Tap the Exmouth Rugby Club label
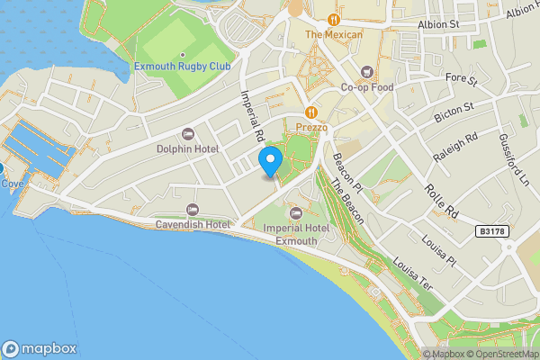pyautogui.click(x=183, y=67)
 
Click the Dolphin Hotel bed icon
pyautogui.click(x=187, y=133)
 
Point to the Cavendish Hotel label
pyautogui.click(x=192, y=224)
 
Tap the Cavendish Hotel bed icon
pyautogui.click(x=192, y=209)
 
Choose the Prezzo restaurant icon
pyautogui.click(x=310, y=112)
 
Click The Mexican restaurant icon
pyautogui.click(x=333, y=19)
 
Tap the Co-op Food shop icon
pyautogui.click(x=367, y=72)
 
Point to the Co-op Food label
pyautogui.click(x=367, y=87)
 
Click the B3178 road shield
pyautogui.click(x=492, y=231)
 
